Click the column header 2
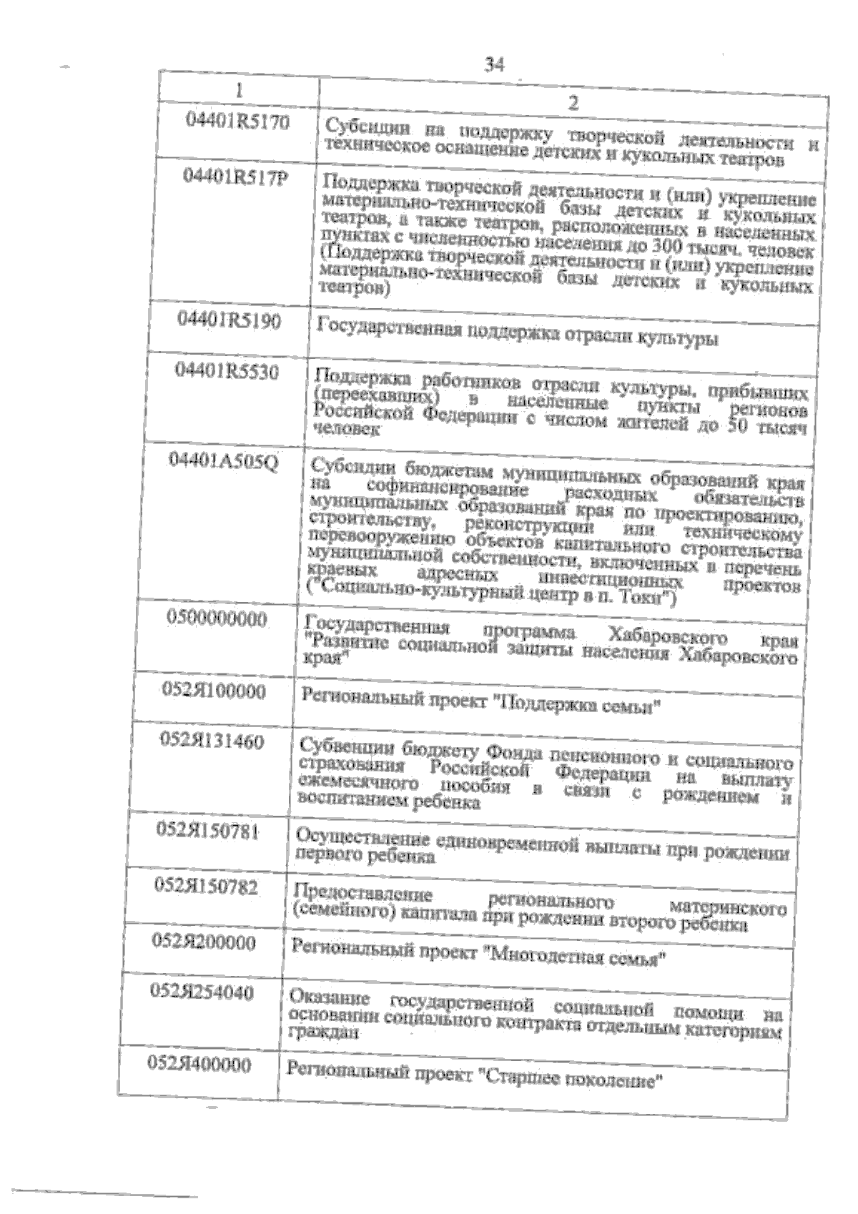pyautogui.click(x=572, y=103)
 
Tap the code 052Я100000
pyautogui.click(x=214, y=691)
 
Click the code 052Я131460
pyautogui.click(x=212, y=741)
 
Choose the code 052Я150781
pyautogui.click(x=208, y=831)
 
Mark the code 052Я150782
pyautogui.click(x=207, y=887)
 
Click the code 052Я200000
pyautogui.click(x=204, y=942)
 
